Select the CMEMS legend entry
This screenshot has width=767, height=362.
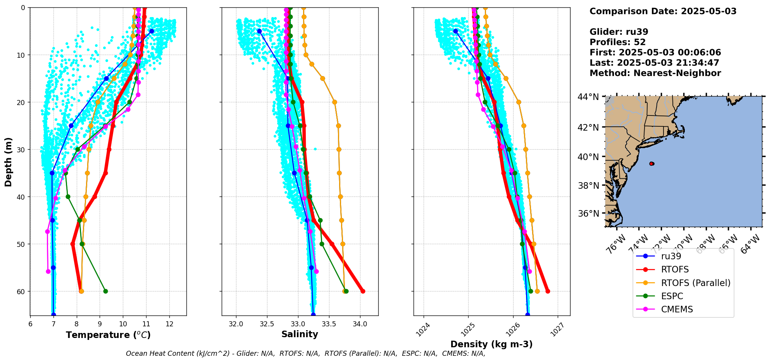coord(677,309)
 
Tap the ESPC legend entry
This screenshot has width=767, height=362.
coord(672,296)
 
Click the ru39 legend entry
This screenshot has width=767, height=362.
coord(671,256)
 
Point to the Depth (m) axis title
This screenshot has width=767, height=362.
coord(9,162)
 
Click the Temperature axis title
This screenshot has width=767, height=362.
coord(108,335)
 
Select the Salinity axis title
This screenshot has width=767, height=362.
coord(300,334)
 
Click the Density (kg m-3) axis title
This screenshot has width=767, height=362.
coord(491,344)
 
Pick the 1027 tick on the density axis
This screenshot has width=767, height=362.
coord(558,329)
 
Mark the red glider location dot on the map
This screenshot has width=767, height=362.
coord(652,164)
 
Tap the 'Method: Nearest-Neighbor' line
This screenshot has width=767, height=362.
coord(655,73)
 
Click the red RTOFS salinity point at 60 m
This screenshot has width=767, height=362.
coord(363,291)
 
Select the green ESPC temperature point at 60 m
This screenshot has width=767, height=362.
coord(105,291)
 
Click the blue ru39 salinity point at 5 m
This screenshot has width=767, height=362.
coord(259,31)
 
